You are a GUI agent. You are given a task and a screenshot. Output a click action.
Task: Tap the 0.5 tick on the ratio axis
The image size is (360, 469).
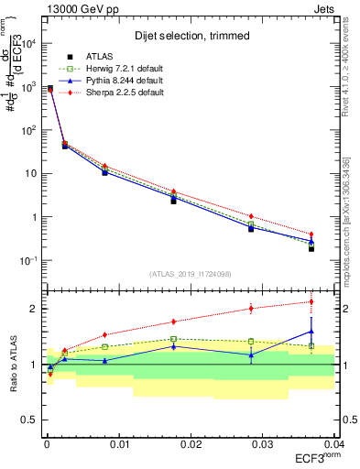[x=29, y=420]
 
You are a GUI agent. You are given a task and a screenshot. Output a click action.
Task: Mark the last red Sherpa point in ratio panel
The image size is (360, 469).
[x=311, y=301]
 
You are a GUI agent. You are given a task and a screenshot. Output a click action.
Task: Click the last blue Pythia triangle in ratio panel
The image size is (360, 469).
[x=311, y=332]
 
